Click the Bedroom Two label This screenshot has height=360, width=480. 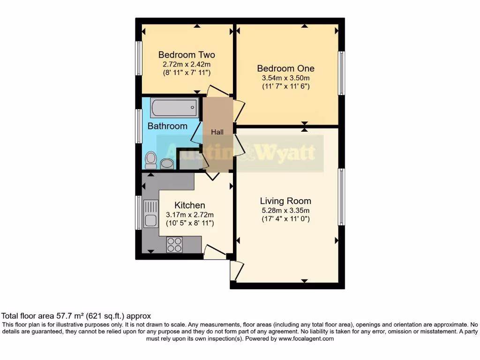[187, 55]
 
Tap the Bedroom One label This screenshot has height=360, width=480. [286, 68]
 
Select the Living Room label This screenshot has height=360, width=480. [285, 201]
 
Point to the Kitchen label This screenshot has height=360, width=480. [190, 205]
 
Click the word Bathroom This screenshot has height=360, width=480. [167, 126]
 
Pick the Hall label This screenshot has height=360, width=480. [217, 132]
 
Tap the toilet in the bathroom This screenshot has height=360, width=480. [151, 160]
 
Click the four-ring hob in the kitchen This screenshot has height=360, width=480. [174, 245]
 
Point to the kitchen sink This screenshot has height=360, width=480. [151, 213]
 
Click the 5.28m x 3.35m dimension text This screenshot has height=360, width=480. [285, 210]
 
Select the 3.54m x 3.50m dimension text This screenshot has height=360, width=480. [286, 78]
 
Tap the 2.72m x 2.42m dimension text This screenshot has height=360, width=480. [187, 64]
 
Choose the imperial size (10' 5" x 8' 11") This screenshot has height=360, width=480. [190, 224]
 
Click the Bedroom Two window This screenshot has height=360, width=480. [139, 58]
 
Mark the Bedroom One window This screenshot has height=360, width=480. [342, 73]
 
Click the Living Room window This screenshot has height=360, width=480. [342, 197]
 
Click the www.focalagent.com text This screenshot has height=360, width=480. [306, 338]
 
